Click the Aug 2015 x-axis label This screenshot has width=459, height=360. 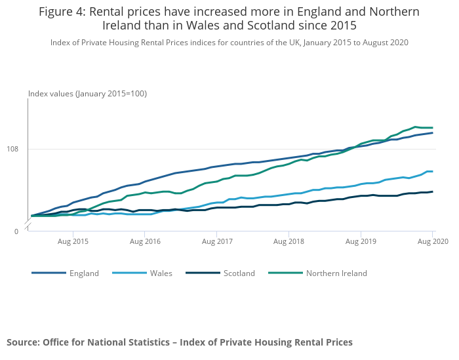(x=73, y=241)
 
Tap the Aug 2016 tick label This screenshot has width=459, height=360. (x=145, y=241)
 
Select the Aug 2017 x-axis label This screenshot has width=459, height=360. (x=217, y=241)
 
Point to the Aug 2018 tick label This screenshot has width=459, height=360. (x=289, y=241)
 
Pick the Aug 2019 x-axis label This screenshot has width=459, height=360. (x=361, y=241)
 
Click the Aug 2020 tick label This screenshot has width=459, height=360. (x=433, y=241)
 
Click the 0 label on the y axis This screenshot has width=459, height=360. (x=17, y=231)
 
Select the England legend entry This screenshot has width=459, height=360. (x=84, y=273)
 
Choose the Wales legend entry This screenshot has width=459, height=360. (x=161, y=273)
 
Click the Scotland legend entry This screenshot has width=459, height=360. (x=239, y=273)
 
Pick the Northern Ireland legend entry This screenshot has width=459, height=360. (x=336, y=273)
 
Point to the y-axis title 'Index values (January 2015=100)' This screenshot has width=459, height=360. (x=87, y=94)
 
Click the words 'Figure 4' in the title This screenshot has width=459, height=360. (x=62, y=12)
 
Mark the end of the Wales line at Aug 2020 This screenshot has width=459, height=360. (x=433, y=172)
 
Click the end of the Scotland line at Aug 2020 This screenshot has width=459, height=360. (x=433, y=191)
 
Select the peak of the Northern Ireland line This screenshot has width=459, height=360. (x=415, y=127)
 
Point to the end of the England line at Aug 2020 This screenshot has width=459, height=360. (x=433, y=133)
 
